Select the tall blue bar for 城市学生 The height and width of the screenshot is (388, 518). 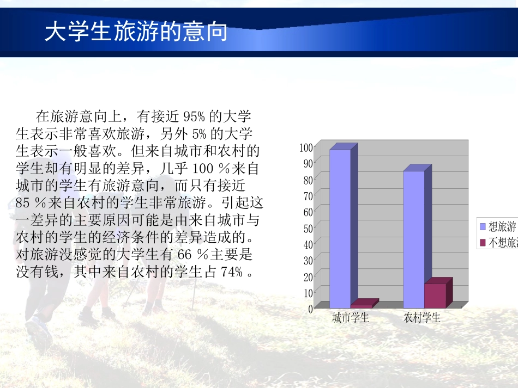[340, 229]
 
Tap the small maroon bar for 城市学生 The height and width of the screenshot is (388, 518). [362, 305]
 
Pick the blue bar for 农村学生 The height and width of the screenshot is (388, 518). [413, 239]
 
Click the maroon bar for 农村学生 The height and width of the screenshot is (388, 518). [435, 295]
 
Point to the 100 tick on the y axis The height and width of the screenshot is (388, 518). [306, 147]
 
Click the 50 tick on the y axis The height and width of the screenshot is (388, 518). [308, 227]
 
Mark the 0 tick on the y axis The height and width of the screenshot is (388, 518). [310, 309]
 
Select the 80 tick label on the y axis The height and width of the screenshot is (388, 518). [308, 179]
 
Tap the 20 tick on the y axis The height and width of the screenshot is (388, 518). [308, 276]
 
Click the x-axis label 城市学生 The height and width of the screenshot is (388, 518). [351, 318]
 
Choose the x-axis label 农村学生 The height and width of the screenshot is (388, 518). [422, 318]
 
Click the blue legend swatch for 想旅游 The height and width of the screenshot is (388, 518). [483, 227]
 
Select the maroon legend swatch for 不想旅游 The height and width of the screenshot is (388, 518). [483, 243]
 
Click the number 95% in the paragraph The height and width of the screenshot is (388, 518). [193, 116]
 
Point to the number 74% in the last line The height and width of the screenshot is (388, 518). [232, 272]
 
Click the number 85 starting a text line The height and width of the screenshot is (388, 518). [24, 204]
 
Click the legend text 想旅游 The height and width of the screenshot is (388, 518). [502, 227]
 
